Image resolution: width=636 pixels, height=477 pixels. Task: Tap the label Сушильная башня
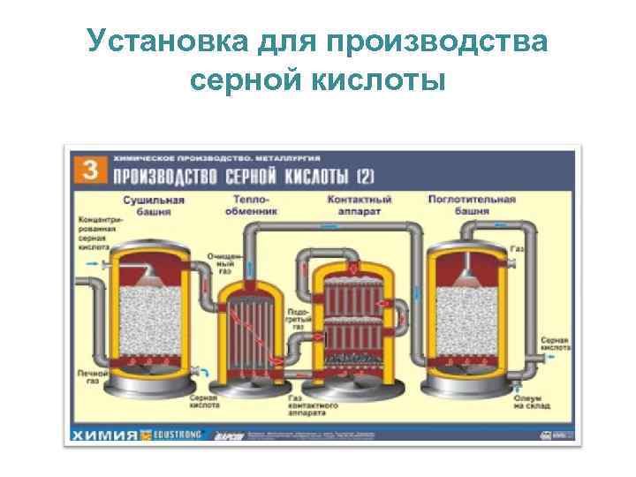pyautogui.click(x=153, y=205)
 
